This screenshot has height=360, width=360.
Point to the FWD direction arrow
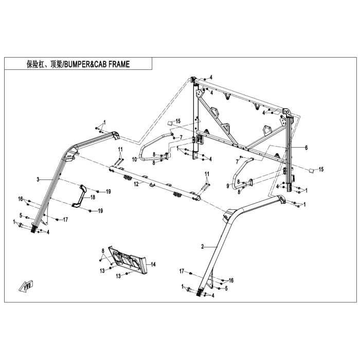click(27, 284)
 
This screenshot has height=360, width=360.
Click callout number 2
click(203, 247)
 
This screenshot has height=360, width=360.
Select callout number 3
click(38, 179)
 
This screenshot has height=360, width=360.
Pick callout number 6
click(306, 147)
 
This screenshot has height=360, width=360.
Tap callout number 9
click(228, 186)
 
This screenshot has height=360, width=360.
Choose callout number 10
click(134, 159)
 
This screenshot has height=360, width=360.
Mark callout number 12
click(136, 184)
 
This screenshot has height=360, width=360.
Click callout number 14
click(153, 264)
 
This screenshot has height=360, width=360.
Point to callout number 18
click(93, 197)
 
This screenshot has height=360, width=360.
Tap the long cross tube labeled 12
click(154, 183)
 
